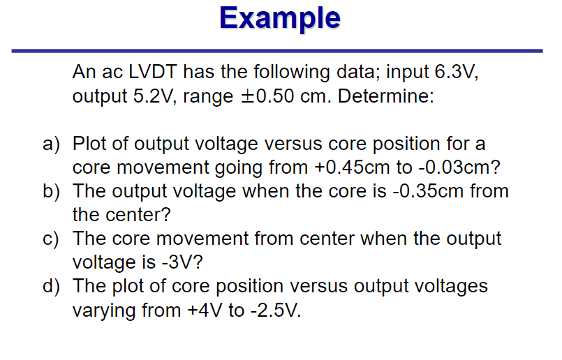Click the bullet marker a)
(52, 144)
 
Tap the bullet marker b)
(52, 191)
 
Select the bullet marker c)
(52, 239)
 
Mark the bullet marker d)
(52, 286)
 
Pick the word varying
(105, 310)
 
